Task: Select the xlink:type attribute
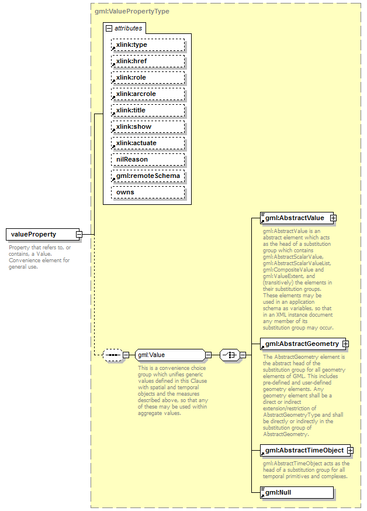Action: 148,44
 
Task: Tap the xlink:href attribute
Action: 148,61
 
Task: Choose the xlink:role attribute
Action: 148,77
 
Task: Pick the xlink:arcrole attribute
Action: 148,94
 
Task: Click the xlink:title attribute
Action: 148,110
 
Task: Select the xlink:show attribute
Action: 148,126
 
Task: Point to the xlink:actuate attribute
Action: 148,143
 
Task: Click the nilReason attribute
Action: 148,159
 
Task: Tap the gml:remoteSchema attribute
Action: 148,176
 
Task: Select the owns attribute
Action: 148,192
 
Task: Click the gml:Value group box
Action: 169,355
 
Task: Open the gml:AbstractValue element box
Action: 296,218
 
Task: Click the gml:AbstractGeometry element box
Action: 302,344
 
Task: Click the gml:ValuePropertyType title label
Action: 132,11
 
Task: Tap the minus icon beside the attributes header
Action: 109,28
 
